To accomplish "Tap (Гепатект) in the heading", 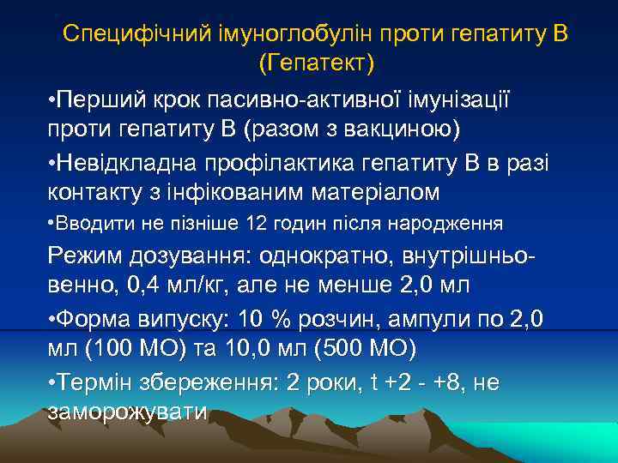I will coord(316,62).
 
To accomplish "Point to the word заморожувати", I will coord(128,411).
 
